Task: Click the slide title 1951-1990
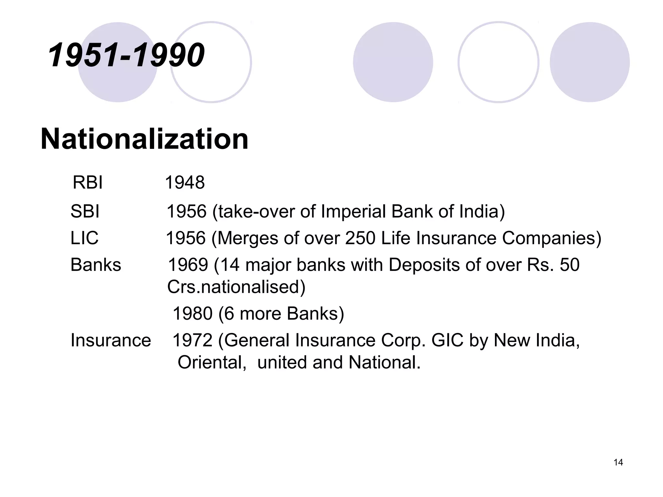pos(126,55)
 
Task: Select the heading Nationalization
pos(144,139)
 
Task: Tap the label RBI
pos(87,182)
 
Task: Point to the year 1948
pos(185,182)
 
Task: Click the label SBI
pos(85,211)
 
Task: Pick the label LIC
pos(84,238)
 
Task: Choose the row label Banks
pos(96,265)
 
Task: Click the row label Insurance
pos(111,340)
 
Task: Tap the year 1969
pos(188,265)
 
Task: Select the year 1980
pos(192,314)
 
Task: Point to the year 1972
pos(192,340)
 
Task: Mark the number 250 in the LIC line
pos(360,238)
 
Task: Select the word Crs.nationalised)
pos(236,287)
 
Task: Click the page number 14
pos(618,462)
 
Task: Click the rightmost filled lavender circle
pos(590,62)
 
